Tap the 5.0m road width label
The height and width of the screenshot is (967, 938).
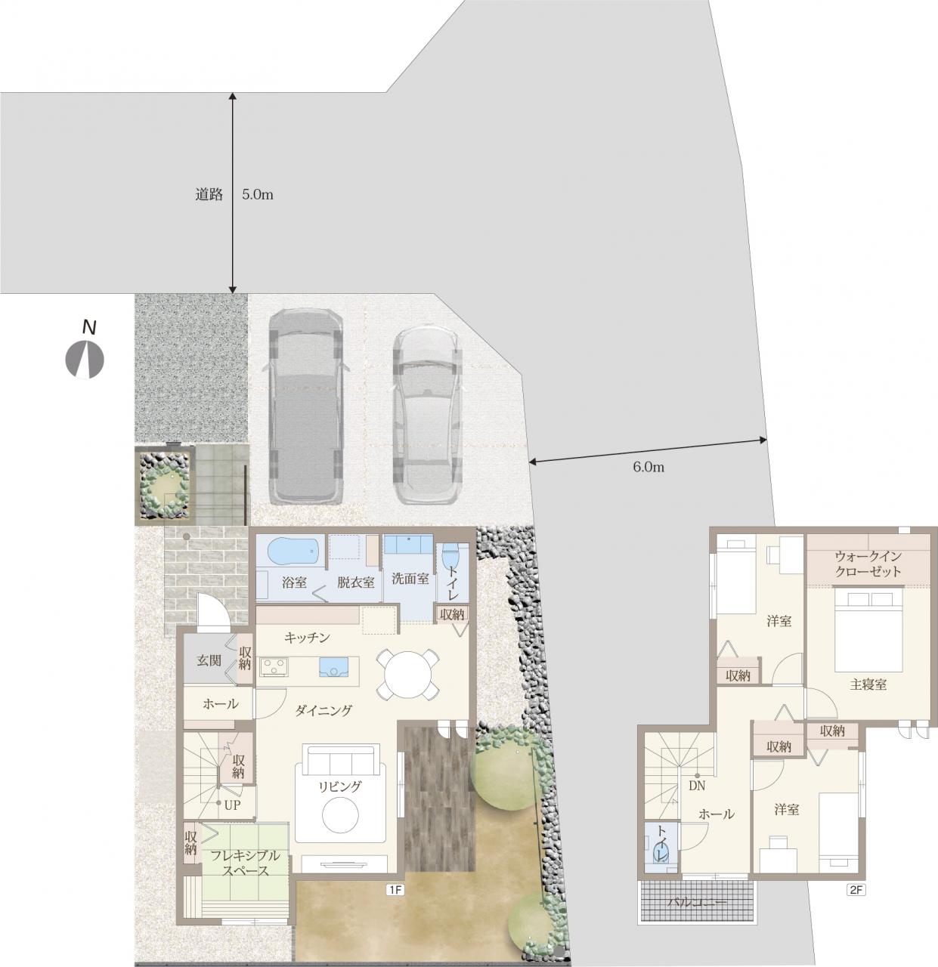tap(258, 194)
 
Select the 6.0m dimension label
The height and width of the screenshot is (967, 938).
tap(649, 467)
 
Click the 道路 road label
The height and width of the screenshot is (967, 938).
tap(209, 194)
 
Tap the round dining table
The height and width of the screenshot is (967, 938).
tap(407, 675)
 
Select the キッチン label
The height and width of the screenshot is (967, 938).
tap(307, 638)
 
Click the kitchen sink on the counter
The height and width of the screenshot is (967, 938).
tap(333, 666)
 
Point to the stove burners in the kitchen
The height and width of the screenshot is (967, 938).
tap(274, 666)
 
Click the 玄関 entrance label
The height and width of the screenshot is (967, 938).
tap(209, 660)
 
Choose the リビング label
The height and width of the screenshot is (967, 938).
tap(340, 786)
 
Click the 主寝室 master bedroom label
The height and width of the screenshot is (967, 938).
tap(868, 684)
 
